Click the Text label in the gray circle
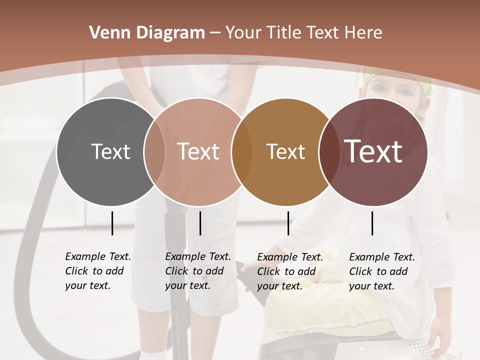pyautogui.click(x=110, y=151)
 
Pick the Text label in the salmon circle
pyautogui.click(x=198, y=151)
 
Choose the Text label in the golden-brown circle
pyautogui.click(x=285, y=151)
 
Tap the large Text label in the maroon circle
pyautogui.click(x=373, y=151)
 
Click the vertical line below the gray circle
pyautogui.click(x=112, y=223)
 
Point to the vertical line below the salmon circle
pyautogui.click(x=200, y=223)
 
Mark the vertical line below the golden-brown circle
pyautogui.click(x=288, y=223)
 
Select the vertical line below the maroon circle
pyautogui.click(x=372, y=223)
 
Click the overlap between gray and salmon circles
pyautogui.click(x=154, y=152)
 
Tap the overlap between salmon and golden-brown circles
pyautogui.click(x=242, y=152)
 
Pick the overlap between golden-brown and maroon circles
pyautogui.click(x=327, y=152)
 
